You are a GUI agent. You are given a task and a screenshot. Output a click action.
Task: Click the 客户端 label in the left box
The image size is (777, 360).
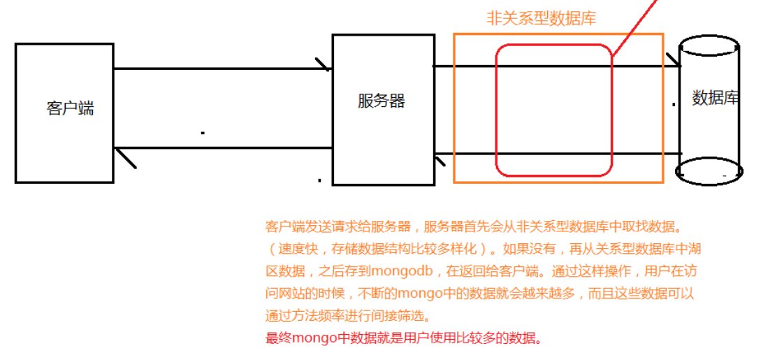[x=70, y=109]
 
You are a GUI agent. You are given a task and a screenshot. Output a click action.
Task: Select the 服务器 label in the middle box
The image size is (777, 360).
[x=381, y=101]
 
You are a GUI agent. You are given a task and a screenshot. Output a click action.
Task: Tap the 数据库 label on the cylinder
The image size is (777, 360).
[x=715, y=99]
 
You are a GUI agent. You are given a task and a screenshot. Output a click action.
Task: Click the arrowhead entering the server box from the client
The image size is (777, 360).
[x=324, y=65]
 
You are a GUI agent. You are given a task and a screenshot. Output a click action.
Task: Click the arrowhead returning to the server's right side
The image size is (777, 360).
[x=440, y=160]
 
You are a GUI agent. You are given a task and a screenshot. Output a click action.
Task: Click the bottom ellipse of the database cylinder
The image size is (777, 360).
[x=708, y=171]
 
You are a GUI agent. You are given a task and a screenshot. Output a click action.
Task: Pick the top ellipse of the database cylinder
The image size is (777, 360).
[x=709, y=43]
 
